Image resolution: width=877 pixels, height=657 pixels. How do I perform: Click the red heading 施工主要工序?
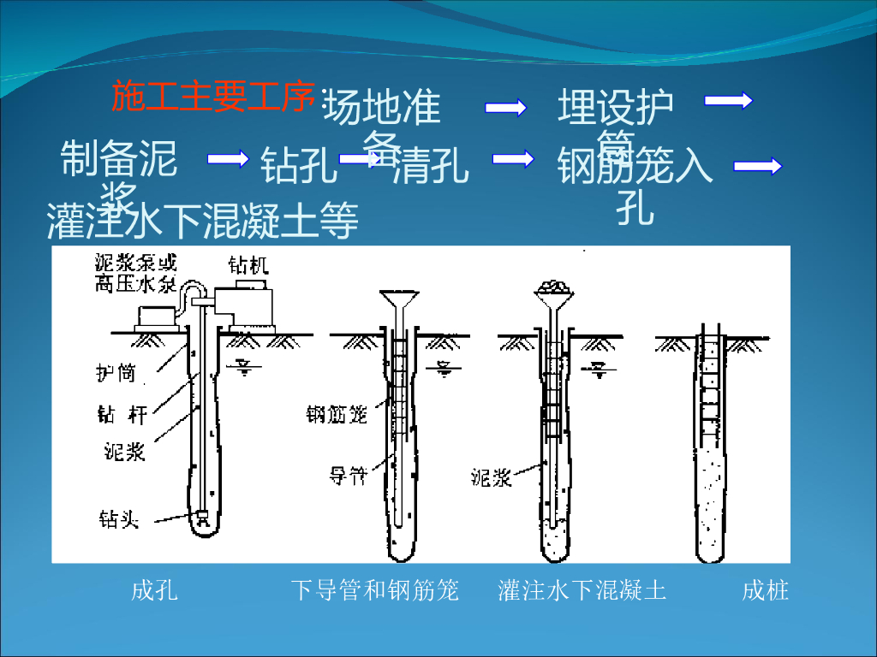(213, 97)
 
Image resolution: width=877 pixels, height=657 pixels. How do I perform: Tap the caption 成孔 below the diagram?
(155, 590)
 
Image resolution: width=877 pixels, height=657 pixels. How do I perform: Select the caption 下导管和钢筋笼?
(374, 590)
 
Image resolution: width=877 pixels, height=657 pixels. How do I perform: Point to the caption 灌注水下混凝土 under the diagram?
(582, 590)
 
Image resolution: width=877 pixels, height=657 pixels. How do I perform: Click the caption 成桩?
(765, 590)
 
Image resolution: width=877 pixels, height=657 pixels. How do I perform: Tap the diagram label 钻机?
(248, 265)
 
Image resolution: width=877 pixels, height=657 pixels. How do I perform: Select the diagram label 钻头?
(118, 518)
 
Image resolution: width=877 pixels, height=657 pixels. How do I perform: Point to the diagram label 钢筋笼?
(337, 415)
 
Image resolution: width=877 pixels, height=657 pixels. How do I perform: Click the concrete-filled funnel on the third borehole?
(554, 293)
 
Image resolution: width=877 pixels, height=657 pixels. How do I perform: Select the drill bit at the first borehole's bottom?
(203, 518)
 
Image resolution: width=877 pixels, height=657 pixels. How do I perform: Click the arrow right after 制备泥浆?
(228, 158)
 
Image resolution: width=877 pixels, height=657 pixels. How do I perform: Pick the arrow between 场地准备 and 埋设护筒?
(505, 107)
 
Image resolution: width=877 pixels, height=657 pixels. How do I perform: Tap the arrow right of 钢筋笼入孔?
(758, 167)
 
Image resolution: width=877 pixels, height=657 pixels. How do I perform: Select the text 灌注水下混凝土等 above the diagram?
(203, 222)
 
